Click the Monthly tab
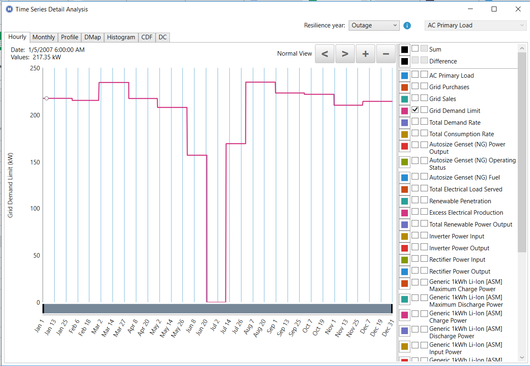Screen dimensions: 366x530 [44, 37]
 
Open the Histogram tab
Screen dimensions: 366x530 [121, 37]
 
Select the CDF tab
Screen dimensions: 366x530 [147, 37]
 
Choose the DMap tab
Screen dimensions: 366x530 [93, 37]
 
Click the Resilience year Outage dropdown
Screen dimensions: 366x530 [374, 25]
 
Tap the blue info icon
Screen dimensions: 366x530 [407, 25]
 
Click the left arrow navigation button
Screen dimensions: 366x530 [325, 54]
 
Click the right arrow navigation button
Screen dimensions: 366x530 [345, 54]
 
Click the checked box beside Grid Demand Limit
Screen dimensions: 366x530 [415, 110]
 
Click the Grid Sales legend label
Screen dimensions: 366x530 [443, 99]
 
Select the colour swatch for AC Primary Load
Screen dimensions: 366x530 [405, 76]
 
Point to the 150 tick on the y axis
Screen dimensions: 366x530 [35, 162]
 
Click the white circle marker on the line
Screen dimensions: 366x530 [47, 98]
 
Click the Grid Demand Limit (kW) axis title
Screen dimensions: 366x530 [11, 184]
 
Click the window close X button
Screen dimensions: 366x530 [518, 9]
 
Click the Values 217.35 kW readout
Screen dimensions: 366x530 [36, 57]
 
